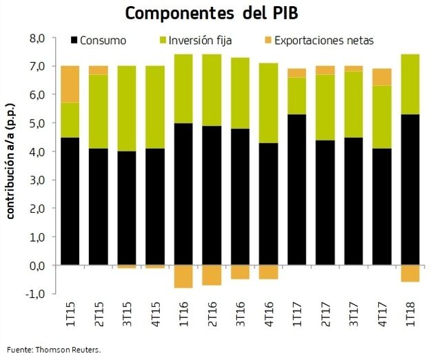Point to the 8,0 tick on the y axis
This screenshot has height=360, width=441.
click(x=37, y=37)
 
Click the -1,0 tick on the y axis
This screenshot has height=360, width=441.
click(x=34, y=293)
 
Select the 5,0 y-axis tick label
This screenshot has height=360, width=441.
click(x=37, y=123)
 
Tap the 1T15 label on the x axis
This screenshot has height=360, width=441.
click(x=70, y=315)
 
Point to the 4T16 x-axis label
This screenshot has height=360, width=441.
click(x=269, y=315)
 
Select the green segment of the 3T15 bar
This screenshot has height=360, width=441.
click(x=127, y=109)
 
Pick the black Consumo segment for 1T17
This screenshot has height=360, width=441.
click(x=297, y=189)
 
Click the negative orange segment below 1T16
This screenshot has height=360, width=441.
click(x=183, y=276)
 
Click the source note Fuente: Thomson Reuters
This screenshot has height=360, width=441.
click(x=54, y=350)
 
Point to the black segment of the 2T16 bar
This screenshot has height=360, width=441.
click(x=212, y=195)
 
